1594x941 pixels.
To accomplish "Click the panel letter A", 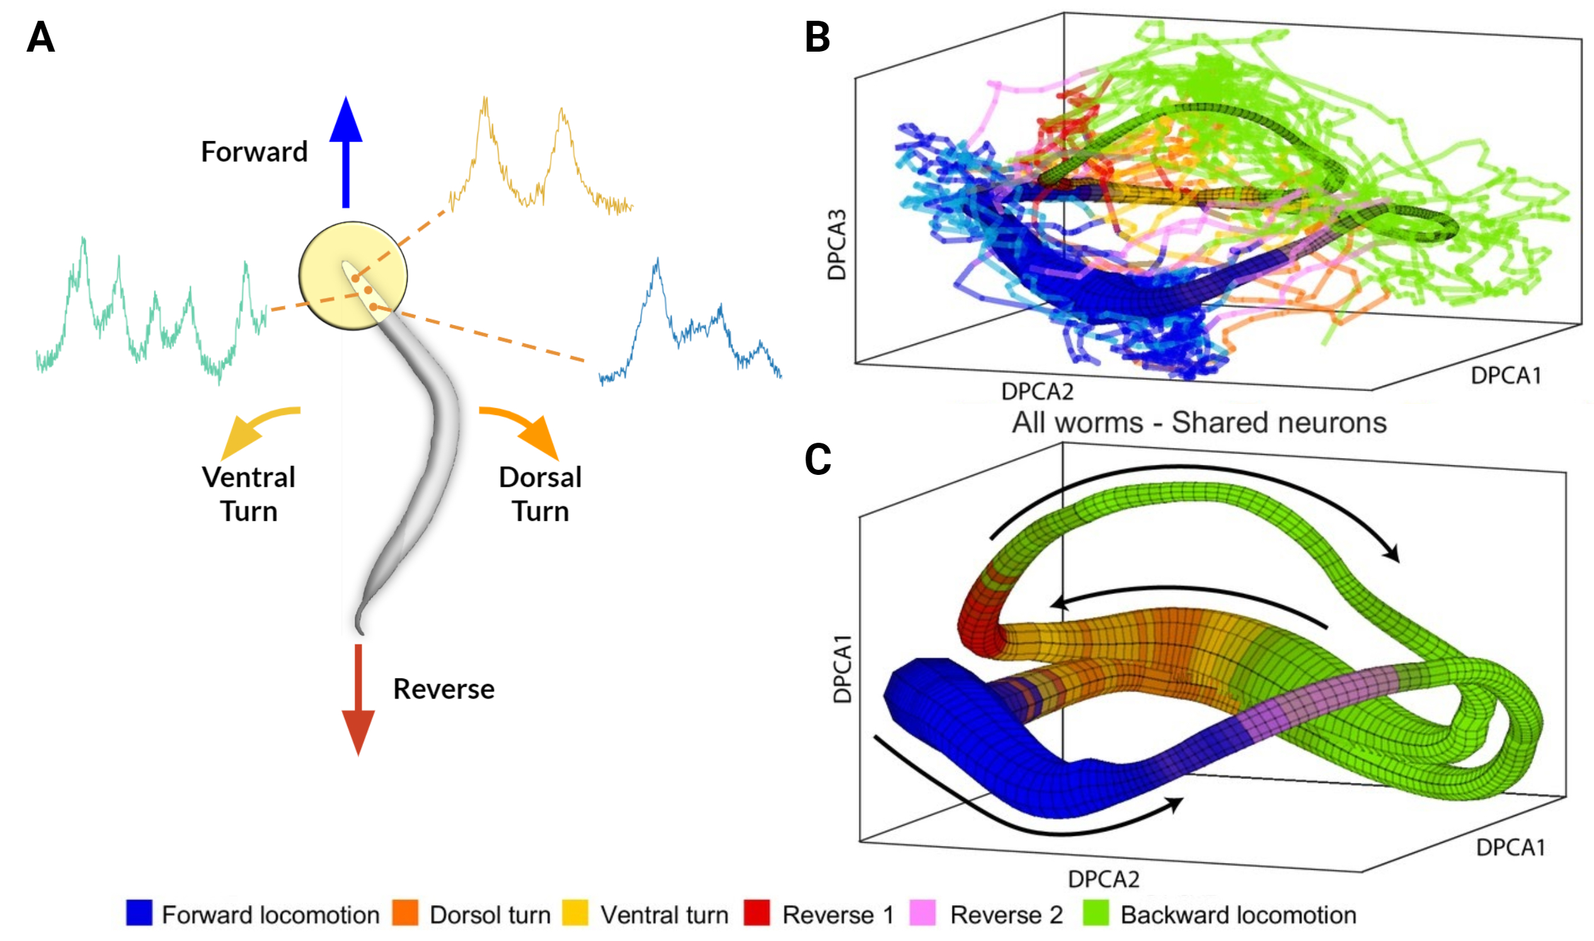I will (40, 37).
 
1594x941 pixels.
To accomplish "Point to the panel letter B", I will (817, 37).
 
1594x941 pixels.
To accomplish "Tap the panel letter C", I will (818, 459).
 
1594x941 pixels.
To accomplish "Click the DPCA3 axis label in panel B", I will (837, 245).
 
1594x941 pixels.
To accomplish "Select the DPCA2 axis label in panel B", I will (1037, 392).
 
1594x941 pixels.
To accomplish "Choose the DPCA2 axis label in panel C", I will (1104, 879).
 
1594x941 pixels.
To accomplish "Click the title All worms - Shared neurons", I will (1199, 422).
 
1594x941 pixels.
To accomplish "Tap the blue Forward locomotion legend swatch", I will (139, 913).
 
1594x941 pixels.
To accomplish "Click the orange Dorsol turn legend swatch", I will (404, 913).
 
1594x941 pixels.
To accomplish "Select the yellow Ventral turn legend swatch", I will (575, 913).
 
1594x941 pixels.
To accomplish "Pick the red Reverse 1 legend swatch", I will (757, 913).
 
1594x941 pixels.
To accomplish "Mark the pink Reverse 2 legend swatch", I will (922, 913).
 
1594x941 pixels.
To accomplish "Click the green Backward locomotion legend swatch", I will (1096, 913).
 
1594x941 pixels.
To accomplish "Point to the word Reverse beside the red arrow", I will (444, 689).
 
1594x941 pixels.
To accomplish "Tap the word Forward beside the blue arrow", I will (255, 152).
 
